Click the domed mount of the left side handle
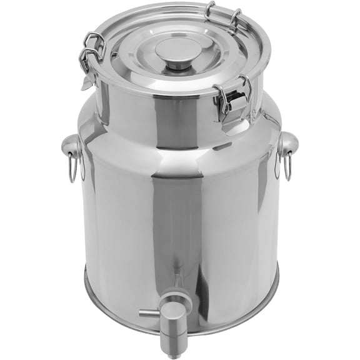(x=72, y=147)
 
